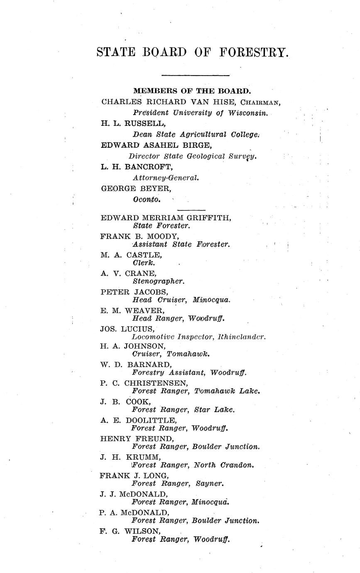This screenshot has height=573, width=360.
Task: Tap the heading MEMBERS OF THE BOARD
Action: click(x=192, y=91)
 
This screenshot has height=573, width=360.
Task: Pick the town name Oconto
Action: click(x=147, y=199)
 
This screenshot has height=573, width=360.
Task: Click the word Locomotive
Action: click(x=152, y=337)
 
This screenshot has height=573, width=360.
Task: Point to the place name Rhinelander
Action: click(x=241, y=337)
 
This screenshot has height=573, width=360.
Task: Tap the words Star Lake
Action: click(x=214, y=410)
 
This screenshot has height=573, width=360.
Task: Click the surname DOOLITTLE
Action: click(x=149, y=420)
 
